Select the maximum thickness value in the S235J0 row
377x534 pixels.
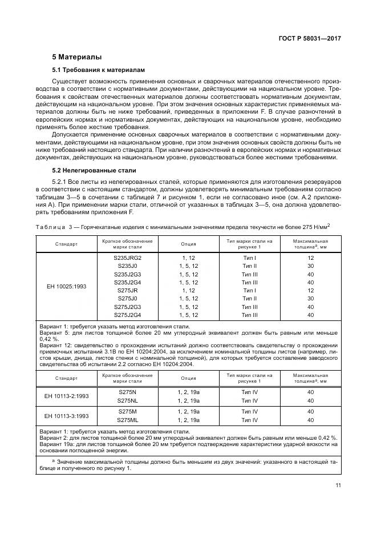pos(311,266)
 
